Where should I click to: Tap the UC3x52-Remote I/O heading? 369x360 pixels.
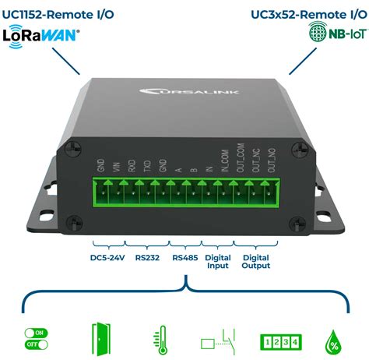[307, 12]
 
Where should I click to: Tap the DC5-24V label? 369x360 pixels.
[107, 256]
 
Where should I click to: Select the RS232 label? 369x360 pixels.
[147, 256]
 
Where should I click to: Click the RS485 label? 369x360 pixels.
[184, 256]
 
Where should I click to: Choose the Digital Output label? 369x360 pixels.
[256, 261]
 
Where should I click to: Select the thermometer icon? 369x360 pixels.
[159, 337]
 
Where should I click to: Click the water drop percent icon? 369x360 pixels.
[335, 337]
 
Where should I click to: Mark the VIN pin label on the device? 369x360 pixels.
[117, 166]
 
